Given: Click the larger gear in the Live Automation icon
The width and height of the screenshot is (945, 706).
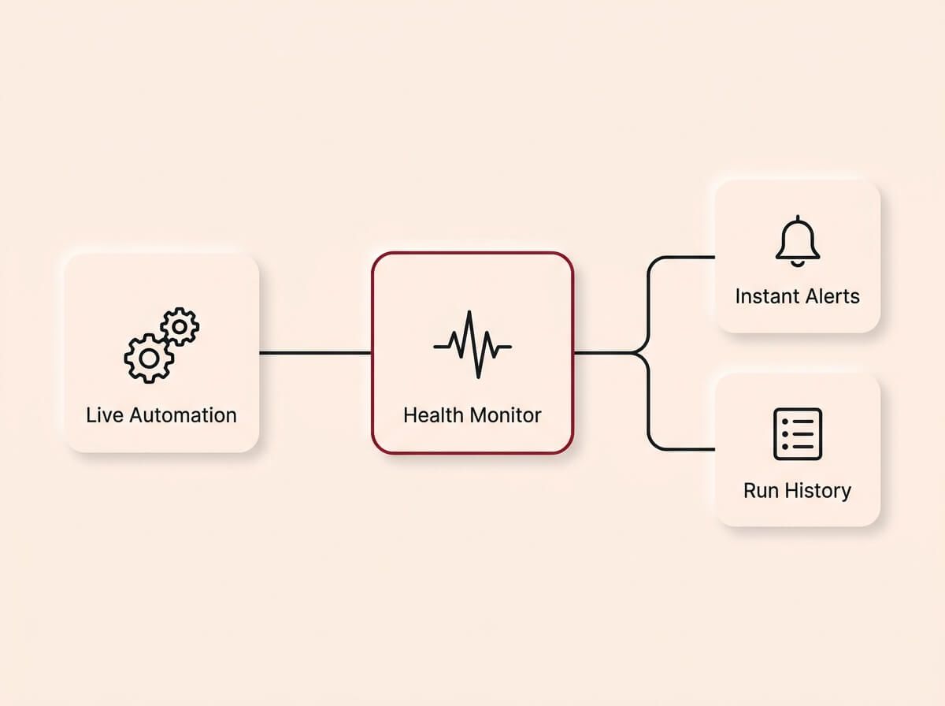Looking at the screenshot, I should (147, 359).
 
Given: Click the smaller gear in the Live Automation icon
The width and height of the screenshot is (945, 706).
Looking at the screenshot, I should (180, 325).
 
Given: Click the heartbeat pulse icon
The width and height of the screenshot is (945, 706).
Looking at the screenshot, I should (472, 345).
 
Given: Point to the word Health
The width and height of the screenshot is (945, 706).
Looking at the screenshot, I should (432, 415).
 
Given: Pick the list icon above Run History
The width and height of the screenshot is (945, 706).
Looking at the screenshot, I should (798, 433).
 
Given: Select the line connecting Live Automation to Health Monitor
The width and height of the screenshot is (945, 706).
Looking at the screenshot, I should (315, 353).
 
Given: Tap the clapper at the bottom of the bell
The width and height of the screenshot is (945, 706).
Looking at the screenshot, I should (798, 262).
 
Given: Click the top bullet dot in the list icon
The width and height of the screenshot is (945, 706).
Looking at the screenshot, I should (785, 422).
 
